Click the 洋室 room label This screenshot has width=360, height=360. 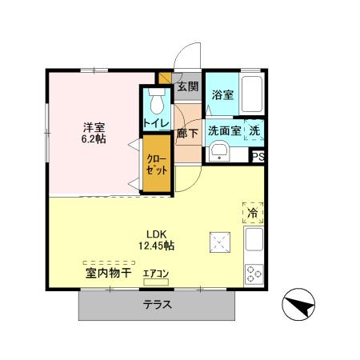click(94, 126)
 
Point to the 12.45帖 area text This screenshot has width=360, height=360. click(156, 246)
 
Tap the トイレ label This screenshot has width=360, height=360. click(155, 123)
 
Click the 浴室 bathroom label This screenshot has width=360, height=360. click(222, 94)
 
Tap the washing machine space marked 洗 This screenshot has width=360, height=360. click(254, 130)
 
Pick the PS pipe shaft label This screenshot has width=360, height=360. click(258, 158)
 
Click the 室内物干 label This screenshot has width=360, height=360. click(108, 274)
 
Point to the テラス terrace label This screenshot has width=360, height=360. click(158, 305)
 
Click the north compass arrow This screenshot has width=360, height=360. click(299, 307)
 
